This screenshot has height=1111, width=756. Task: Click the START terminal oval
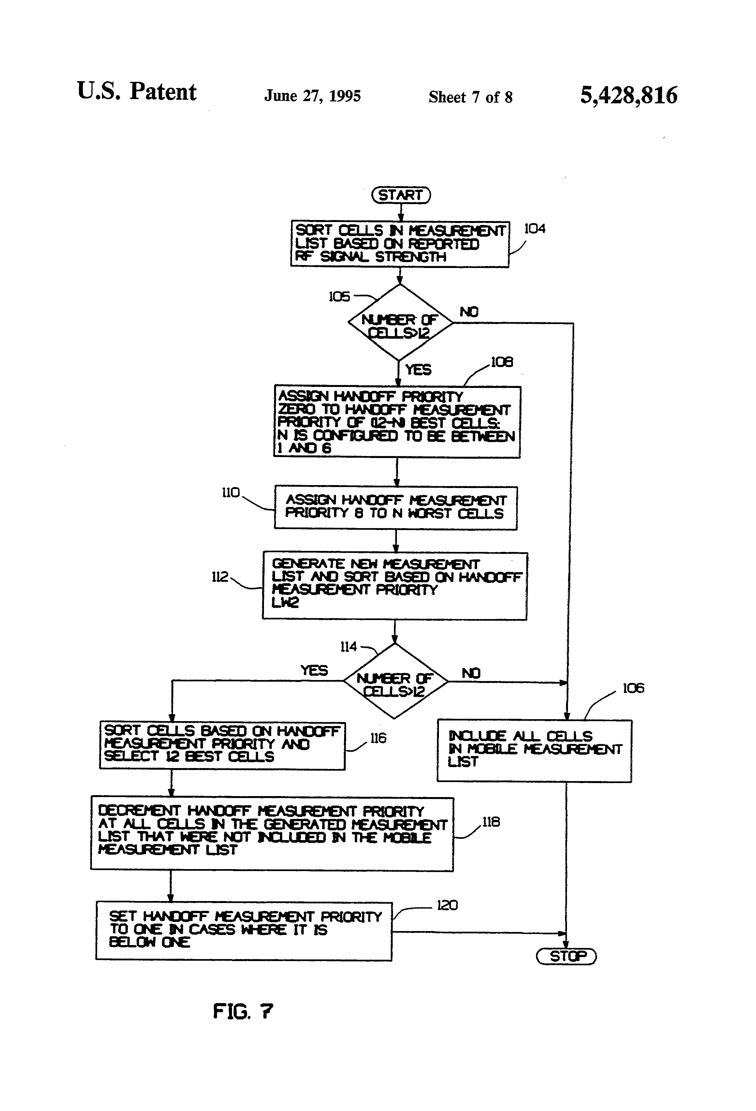click(x=401, y=195)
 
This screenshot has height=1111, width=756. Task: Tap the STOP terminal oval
click(x=567, y=956)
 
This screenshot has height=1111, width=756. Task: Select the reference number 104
click(x=535, y=229)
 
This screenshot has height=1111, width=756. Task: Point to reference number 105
click(x=339, y=297)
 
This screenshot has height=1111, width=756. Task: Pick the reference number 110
click(x=231, y=493)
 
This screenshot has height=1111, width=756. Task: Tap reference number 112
click(x=220, y=577)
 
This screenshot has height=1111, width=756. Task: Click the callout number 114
click(x=348, y=647)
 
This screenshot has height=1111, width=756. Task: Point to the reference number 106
click(x=633, y=689)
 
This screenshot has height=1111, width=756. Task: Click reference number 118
click(x=491, y=822)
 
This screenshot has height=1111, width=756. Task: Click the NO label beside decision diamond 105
click(x=469, y=312)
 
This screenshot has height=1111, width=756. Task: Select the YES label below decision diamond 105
click(x=418, y=370)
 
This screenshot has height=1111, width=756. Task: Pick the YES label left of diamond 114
click(x=314, y=670)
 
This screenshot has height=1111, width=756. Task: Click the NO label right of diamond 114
click(x=471, y=673)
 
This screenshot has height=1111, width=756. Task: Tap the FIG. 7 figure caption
click(x=243, y=1011)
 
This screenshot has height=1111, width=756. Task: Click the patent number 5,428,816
click(x=628, y=95)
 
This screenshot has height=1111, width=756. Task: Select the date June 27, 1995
click(x=313, y=96)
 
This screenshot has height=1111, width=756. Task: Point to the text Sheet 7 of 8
click(x=470, y=97)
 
